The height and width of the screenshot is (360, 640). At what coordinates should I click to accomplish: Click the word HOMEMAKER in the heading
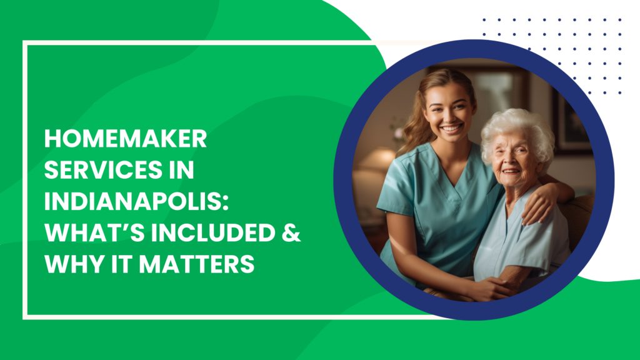(126, 139)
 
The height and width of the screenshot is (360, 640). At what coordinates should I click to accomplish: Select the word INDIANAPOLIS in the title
(133, 201)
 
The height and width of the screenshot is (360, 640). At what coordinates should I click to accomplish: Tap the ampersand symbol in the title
(291, 232)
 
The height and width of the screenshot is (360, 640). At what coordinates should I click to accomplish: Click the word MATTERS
(197, 264)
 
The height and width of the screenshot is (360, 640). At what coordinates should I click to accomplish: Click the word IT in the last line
(122, 264)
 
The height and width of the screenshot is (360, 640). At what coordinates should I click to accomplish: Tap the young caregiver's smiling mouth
(451, 129)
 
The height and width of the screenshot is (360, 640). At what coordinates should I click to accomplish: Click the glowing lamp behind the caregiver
(376, 159)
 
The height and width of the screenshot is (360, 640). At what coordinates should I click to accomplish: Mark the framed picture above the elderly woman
(571, 122)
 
